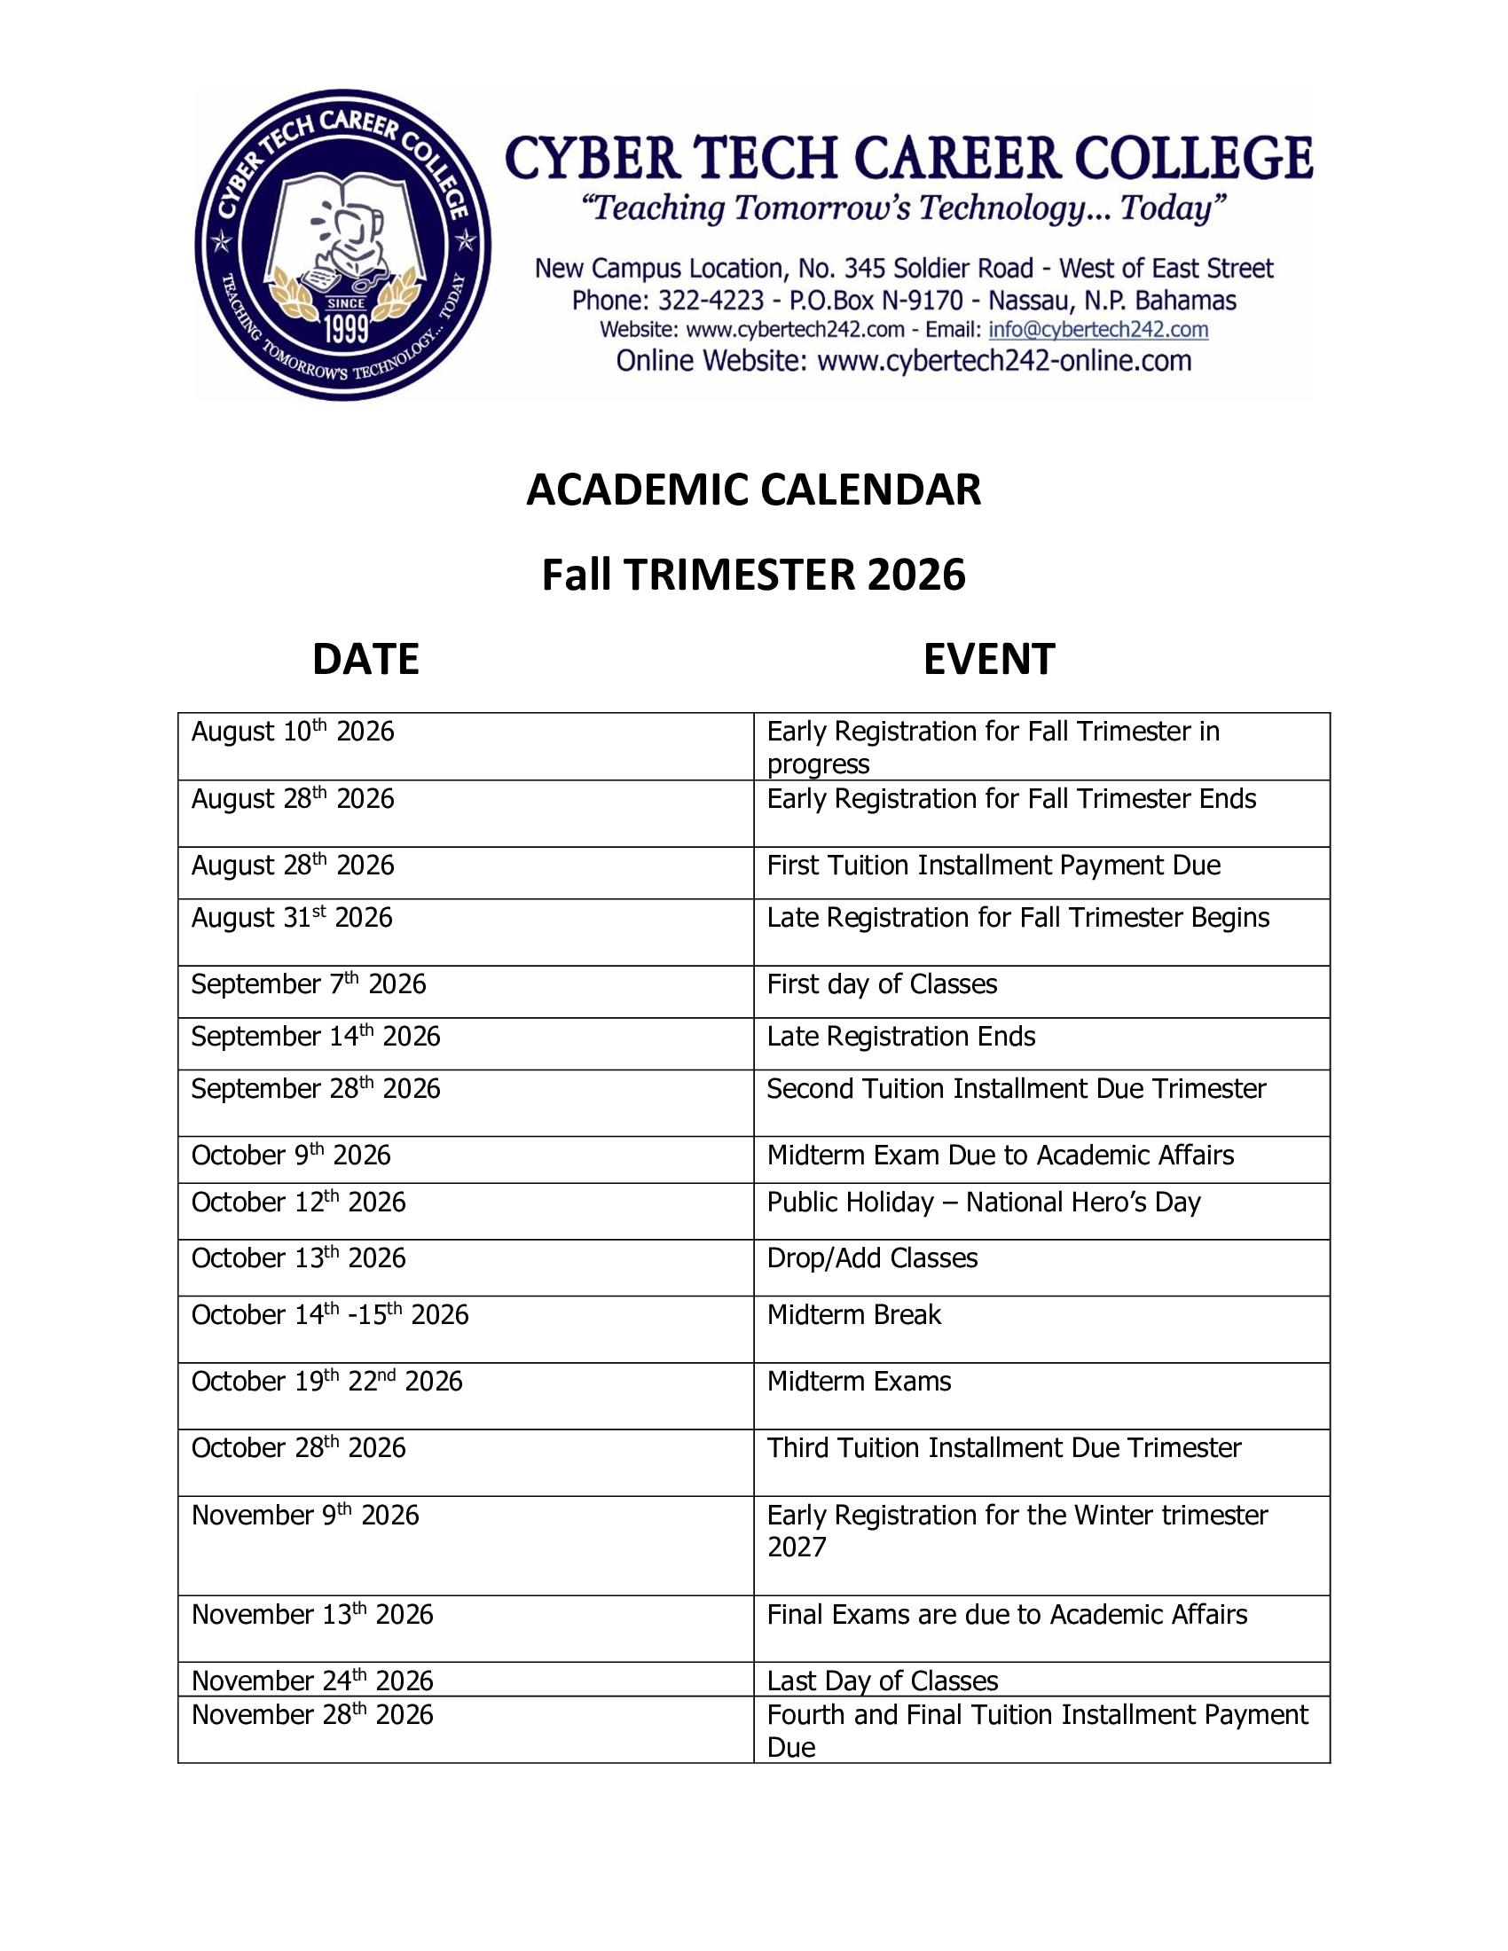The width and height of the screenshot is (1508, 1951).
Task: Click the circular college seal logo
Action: click(342, 244)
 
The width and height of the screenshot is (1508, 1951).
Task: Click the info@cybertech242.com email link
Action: click(1097, 330)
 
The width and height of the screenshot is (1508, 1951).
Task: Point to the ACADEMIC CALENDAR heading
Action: click(753, 490)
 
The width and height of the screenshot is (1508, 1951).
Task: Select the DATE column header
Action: click(365, 659)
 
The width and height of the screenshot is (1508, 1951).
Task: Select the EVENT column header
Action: click(988, 659)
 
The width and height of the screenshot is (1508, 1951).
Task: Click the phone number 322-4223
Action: click(711, 300)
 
